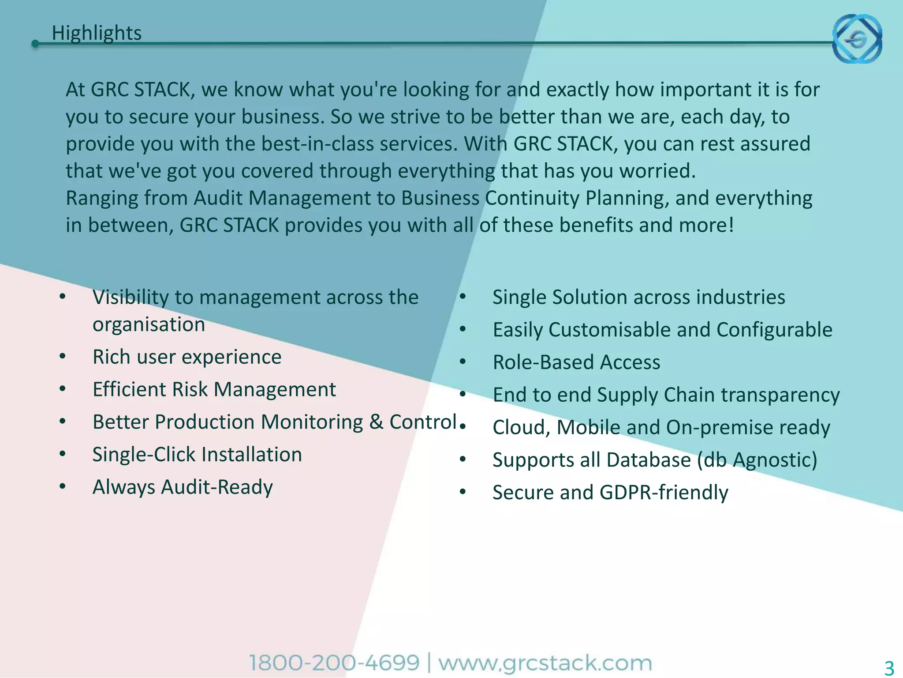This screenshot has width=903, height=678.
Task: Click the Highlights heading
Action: [97, 34]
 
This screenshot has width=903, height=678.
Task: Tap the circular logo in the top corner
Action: [857, 39]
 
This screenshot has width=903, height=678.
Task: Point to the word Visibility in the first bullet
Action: [130, 298]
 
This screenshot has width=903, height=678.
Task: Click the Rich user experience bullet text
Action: [187, 357]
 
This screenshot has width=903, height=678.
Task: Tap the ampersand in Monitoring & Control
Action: [376, 422]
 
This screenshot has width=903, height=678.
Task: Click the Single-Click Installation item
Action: [197, 455]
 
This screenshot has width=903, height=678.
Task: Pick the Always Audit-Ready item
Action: [183, 487]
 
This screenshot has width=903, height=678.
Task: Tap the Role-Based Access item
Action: [576, 362]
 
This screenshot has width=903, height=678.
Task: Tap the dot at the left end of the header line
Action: [35, 44]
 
